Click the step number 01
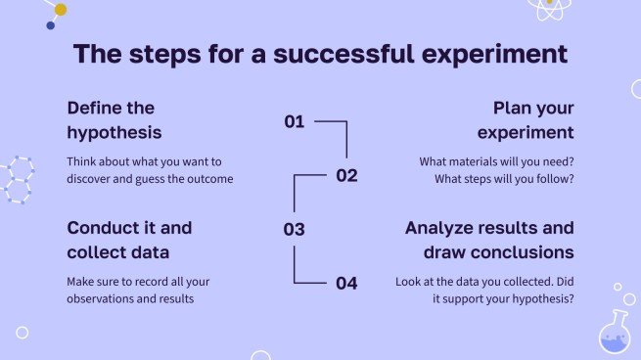click(295, 121)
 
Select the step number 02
click(346, 176)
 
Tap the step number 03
click(294, 229)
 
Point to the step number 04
click(346, 283)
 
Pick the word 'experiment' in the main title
click(494, 55)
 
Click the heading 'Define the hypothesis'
click(114, 120)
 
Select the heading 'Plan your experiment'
click(526, 120)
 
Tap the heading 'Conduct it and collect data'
click(129, 240)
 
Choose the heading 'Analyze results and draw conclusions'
click(489, 240)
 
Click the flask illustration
click(615, 332)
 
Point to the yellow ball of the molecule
click(61, 10)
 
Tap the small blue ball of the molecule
click(51, 25)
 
